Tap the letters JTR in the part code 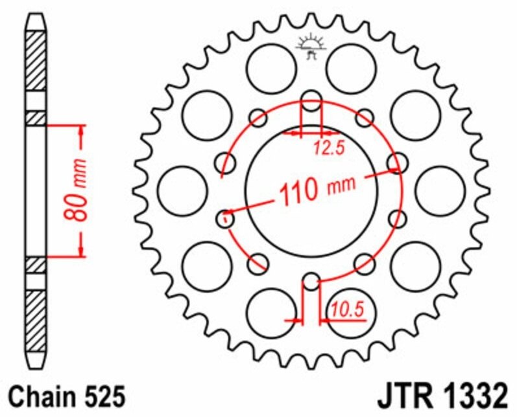coord(400,395)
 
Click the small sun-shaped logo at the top coord(311,45)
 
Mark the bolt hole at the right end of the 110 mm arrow coord(396,161)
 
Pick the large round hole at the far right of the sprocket coord(440,191)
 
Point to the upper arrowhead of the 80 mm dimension coord(82,132)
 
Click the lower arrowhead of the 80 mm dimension coord(82,248)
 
